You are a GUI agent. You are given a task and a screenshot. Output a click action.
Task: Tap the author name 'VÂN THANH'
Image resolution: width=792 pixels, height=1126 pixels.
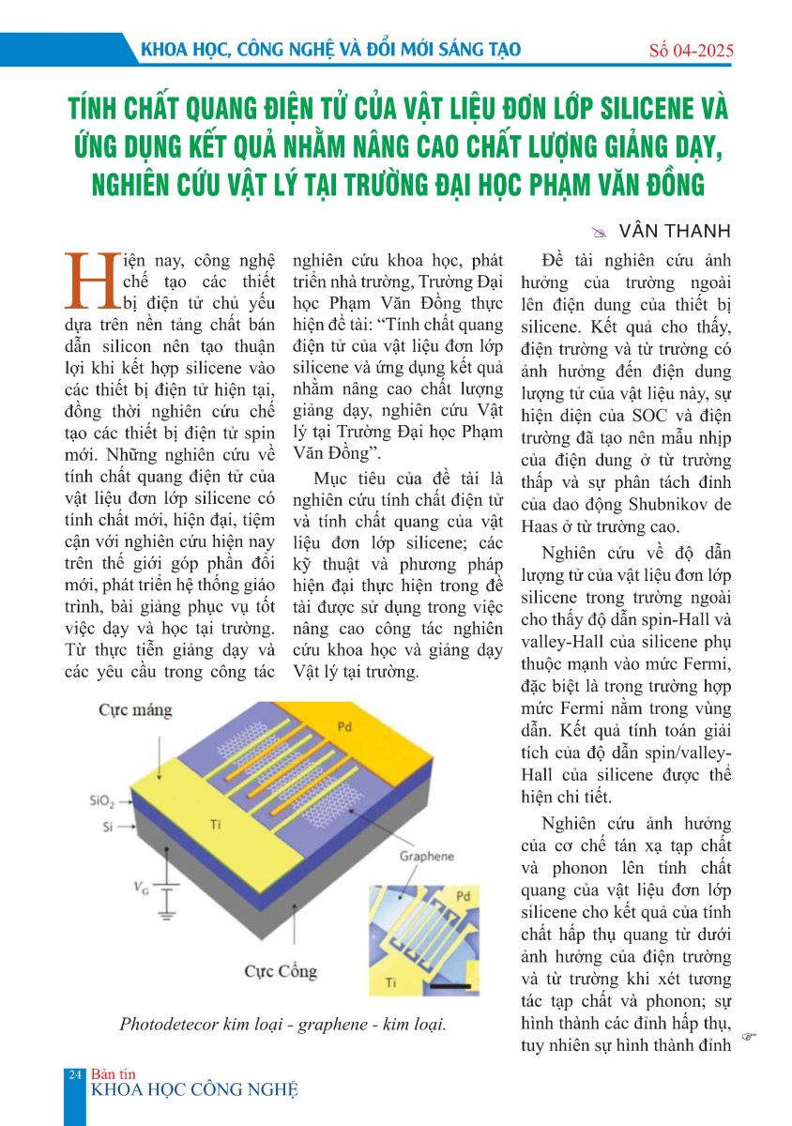pos(663,231)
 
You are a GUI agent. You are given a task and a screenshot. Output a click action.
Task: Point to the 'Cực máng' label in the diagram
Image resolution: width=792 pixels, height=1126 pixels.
pos(136,710)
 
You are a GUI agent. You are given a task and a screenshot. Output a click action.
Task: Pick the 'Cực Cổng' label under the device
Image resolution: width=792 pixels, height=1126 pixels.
pos(281,971)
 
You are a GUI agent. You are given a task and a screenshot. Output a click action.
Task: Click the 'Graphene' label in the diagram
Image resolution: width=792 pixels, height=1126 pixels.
pos(427,856)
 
